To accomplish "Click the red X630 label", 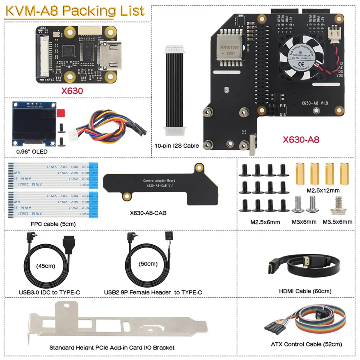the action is point(72,91).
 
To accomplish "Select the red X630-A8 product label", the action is point(301,139).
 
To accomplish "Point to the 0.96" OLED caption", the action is point(32,151).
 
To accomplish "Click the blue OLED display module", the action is point(34,123).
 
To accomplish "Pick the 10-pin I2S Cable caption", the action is point(176,146).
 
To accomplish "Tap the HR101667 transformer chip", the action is point(230,49).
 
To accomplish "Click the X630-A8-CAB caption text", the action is point(148,213).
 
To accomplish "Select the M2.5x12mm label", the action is point(323,190).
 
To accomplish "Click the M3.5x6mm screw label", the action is point(337,222).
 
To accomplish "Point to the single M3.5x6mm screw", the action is point(338,206).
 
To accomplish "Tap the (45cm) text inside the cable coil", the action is point(46,266).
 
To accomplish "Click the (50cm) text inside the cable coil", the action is point(148,264).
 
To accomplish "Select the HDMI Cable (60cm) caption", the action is point(305,291).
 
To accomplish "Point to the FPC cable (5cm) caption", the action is point(53,224).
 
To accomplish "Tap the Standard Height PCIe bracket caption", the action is point(112,348).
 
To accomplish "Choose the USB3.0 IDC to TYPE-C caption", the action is point(49,292).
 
